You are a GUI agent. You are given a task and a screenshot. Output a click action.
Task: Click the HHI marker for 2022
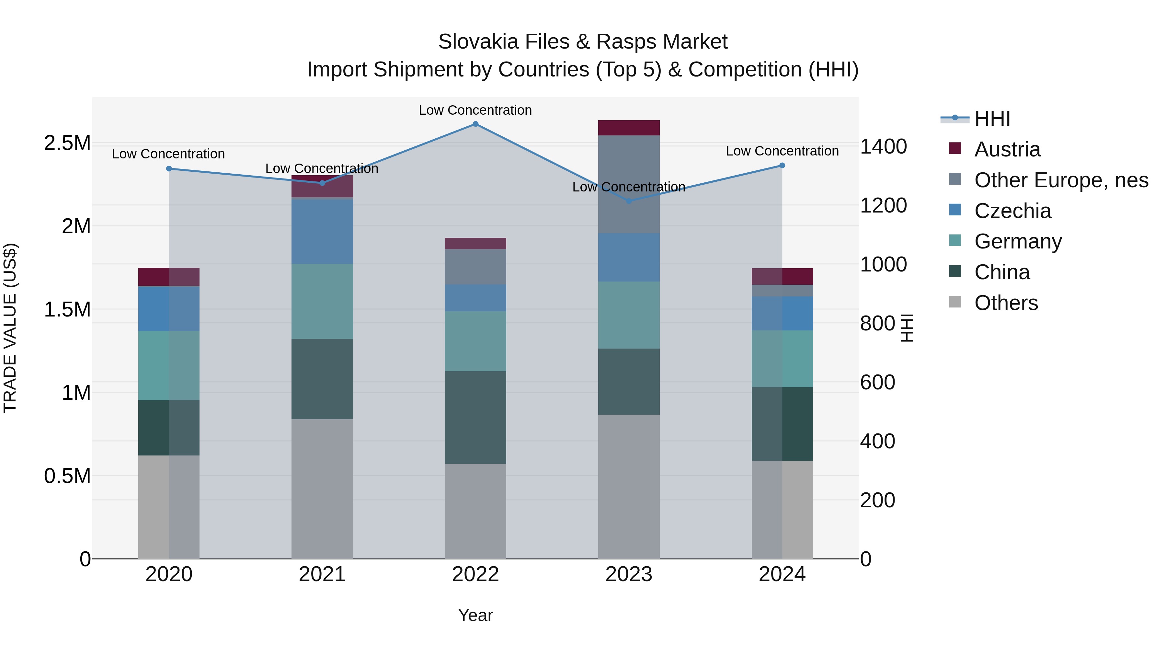click(x=475, y=124)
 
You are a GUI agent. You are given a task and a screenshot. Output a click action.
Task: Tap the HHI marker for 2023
click(x=629, y=201)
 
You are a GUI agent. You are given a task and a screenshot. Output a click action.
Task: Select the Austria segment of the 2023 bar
click(x=629, y=128)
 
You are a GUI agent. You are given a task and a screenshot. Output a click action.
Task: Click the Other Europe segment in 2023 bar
click(x=629, y=184)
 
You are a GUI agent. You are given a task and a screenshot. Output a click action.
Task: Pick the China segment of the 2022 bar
click(x=475, y=418)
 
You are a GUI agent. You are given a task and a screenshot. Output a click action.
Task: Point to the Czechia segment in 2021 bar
click(x=322, y=231)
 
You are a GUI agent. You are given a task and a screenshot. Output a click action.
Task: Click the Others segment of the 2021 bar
click(x=322, y=489)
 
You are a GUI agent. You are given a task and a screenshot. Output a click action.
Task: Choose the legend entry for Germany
click(x=1018, y=241)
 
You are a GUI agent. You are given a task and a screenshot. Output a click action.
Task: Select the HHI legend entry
click(x=992, y=119)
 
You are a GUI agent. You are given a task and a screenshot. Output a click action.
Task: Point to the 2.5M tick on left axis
click(x=67, y=144)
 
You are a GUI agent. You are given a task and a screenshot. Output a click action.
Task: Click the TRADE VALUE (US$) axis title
click(x=10, y=328)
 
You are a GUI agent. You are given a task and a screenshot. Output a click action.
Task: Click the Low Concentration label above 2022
click(x=475, y=110)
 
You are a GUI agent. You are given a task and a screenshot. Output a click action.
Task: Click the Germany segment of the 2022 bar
click(x=475, y=341)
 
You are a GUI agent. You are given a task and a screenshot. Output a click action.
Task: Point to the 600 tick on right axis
click(x=877, y=383)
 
